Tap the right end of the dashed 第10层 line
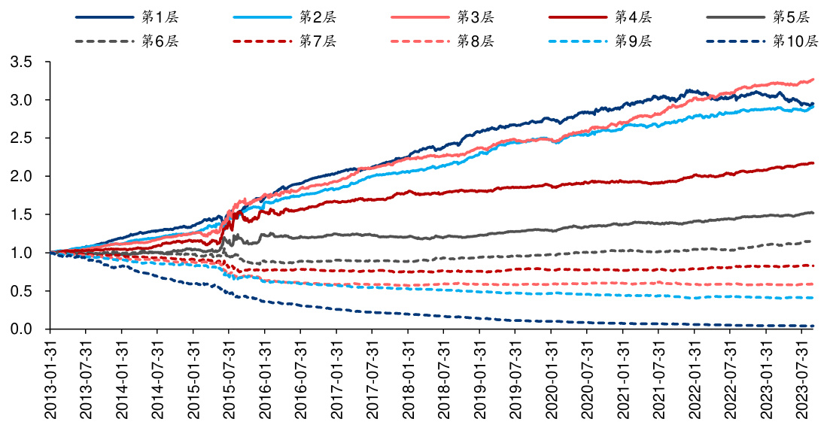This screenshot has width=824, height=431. tap(813, 326)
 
